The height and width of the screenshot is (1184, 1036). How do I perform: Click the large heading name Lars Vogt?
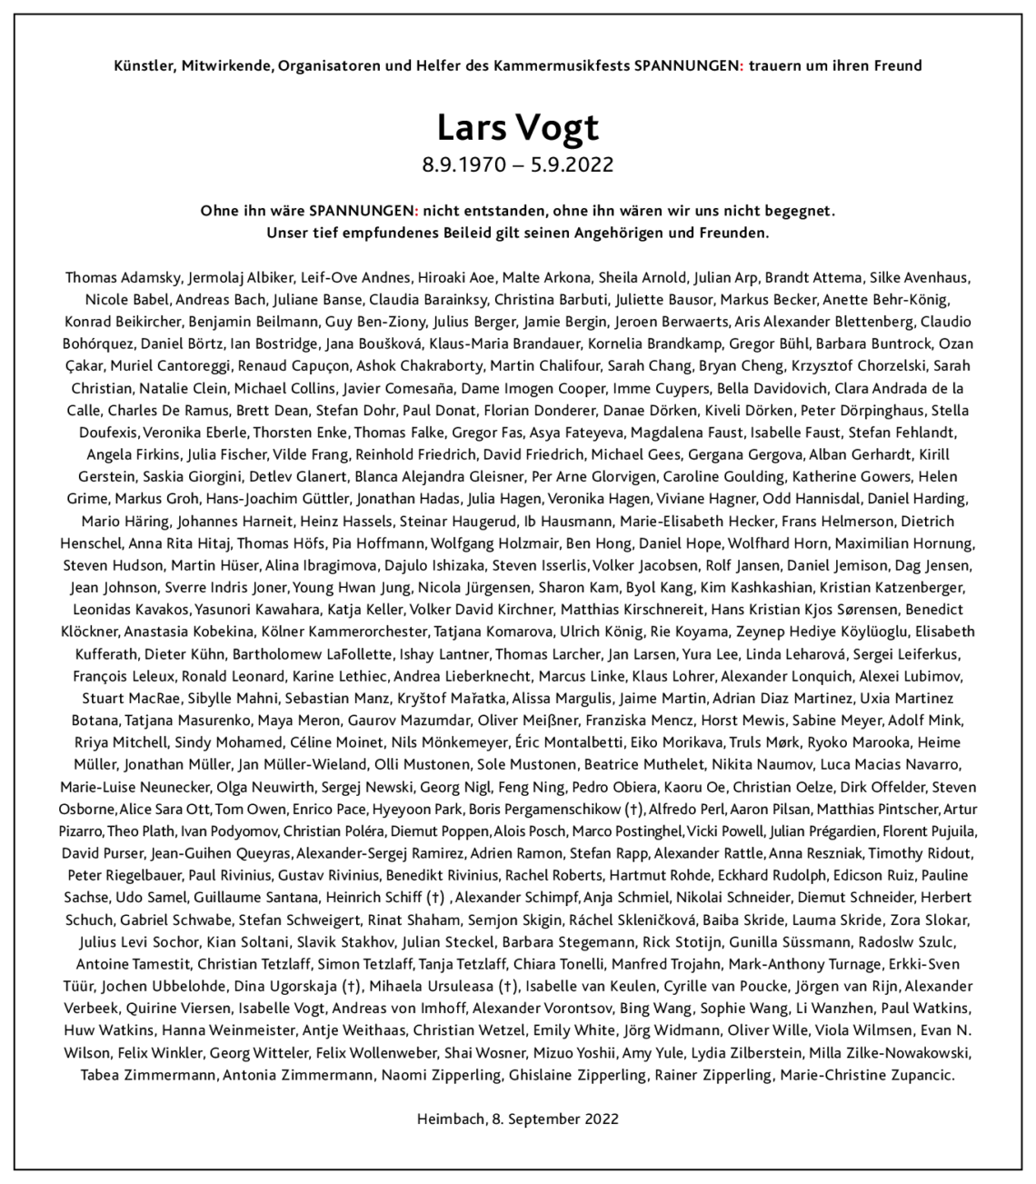[517, 127]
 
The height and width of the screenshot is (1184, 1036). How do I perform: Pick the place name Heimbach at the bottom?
[448, 1119]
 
